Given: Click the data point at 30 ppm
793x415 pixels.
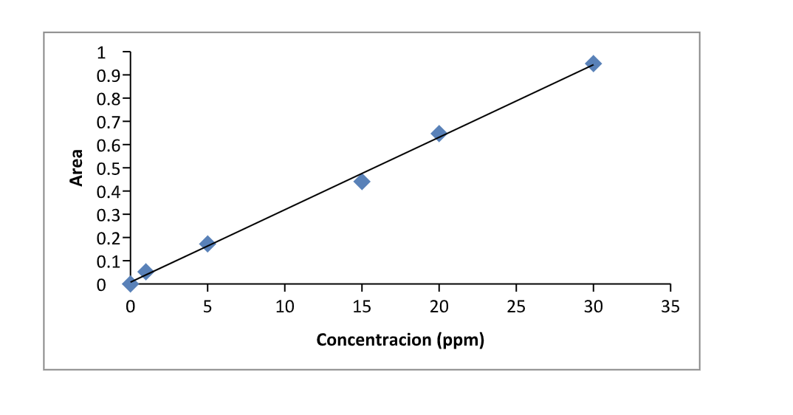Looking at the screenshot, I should (593, 64).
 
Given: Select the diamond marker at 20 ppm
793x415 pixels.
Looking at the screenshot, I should (439, 134).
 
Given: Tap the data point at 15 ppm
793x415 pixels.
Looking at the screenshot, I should (362, 181).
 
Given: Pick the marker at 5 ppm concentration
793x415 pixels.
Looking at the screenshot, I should (207, 244).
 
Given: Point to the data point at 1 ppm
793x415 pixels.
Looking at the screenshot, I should (145, 272).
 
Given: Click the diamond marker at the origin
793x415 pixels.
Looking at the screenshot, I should (131, 284).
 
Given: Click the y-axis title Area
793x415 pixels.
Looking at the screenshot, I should (76, 168).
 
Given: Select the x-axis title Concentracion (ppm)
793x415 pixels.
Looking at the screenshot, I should (400, 340).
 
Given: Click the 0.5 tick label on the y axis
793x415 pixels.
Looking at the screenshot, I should (108, 168).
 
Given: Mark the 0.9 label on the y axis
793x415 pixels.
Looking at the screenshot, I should (108, 75).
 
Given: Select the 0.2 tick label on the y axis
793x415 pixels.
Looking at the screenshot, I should (108, 238).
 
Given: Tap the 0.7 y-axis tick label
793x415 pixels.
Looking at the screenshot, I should (108, 122).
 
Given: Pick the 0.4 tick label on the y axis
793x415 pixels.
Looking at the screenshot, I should (108, 191).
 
